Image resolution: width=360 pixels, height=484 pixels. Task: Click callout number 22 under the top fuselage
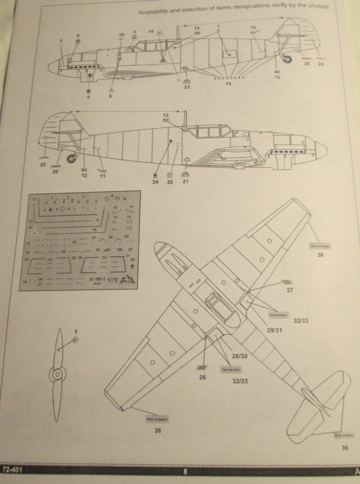(187, 87)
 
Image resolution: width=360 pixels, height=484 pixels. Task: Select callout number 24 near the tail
(321, 64)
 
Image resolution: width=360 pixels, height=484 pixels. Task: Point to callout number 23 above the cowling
(121, 35)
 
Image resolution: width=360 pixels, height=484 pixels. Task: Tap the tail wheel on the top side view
(287, 58)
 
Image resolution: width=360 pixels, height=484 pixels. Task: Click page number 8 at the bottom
(184, 471)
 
